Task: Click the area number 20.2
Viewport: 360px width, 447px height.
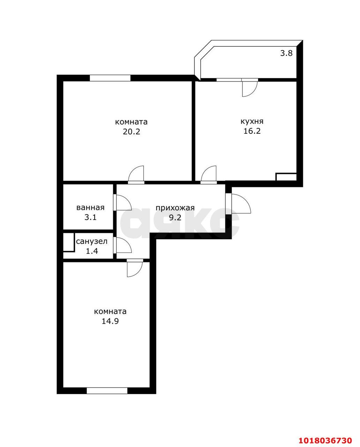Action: point(132,132)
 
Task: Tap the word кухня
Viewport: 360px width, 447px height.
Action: point(252,122)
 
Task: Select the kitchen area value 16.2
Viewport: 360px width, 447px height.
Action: point(252,131)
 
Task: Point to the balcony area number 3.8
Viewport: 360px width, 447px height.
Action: point(286,53)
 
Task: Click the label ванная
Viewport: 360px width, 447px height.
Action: point(90,207)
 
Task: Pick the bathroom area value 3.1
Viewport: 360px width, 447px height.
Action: point(90,217)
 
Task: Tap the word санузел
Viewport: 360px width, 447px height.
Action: point(92,241)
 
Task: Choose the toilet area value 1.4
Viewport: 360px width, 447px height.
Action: point(92,251)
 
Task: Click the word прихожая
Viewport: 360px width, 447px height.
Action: point(175,208)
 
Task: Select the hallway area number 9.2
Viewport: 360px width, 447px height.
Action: point(175,218)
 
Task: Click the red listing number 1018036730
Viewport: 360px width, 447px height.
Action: point(325,439)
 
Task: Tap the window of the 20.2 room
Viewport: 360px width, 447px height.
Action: point(110,78)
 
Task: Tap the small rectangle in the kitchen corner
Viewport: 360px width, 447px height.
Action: point(286,177)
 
